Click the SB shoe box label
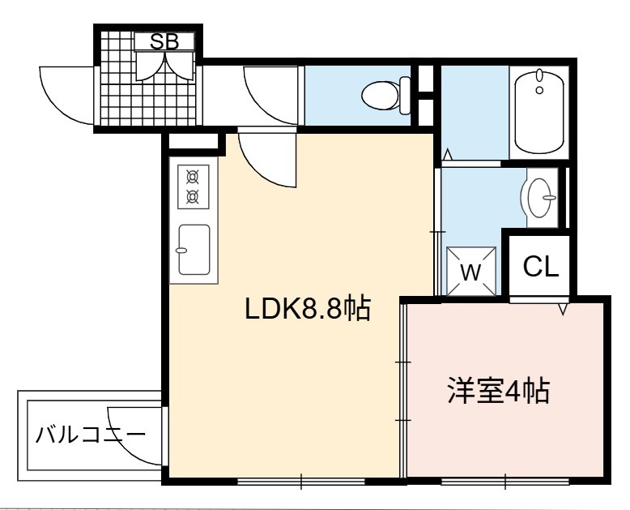[164, 41]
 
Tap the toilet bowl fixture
[380, 96]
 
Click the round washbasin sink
[539, 198]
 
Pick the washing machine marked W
[471, 272]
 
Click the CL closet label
[541, 266]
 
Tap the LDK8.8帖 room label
[308, 309]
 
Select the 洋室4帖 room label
[499, 391]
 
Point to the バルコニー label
[91, 435]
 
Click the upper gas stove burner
[194, 176]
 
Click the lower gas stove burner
[194, 197]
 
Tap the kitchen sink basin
[194, 250]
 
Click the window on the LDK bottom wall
[301, 482]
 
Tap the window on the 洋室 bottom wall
[505, 482]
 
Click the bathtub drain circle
[539, 90]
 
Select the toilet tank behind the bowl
[405, 96]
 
